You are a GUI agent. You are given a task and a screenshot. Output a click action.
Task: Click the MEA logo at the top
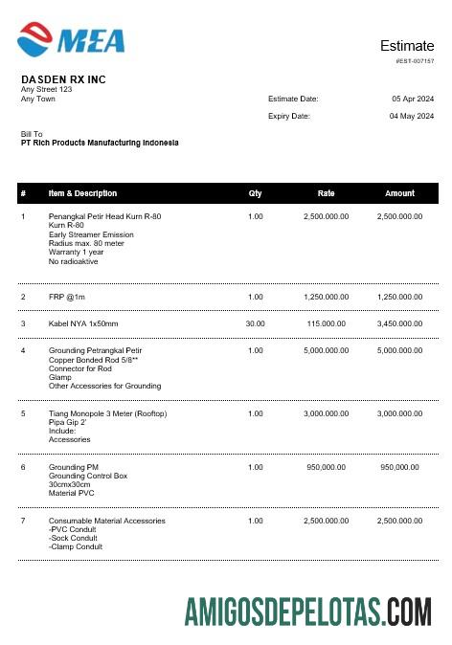point(72,38)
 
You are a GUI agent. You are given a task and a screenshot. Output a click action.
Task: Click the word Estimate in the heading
point(406,46)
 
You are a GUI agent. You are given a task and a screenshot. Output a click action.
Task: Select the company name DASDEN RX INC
point(63,79)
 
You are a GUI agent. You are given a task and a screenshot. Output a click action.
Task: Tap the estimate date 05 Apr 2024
point(413,99)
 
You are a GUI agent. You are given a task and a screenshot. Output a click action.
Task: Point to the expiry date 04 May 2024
point(412,116)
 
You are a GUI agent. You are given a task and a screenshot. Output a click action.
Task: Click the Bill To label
point(32,134)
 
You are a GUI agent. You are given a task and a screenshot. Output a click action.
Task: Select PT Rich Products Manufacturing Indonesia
point(100,143)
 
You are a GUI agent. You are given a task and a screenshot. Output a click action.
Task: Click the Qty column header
point(255,193)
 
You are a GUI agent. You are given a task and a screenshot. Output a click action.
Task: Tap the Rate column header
point(326,193)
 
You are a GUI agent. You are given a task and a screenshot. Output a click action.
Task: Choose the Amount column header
point(399,193)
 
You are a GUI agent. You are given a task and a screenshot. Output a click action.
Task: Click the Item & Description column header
point(82,193)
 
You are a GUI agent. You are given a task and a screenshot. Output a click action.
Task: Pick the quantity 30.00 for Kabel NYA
point(255,323)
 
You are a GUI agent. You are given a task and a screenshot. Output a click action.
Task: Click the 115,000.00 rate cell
point(326,323)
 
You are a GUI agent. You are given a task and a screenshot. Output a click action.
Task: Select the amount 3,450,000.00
point(399,323)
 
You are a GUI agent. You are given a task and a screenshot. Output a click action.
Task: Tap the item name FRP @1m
point(67,297)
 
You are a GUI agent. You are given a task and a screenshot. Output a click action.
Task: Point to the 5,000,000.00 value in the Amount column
point(399,350)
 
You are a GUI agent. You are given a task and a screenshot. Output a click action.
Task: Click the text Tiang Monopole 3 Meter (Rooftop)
point(107,413)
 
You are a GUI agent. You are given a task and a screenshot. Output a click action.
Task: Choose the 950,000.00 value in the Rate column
point(326,467)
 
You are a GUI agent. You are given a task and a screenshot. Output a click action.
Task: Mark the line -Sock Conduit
point(73,538)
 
